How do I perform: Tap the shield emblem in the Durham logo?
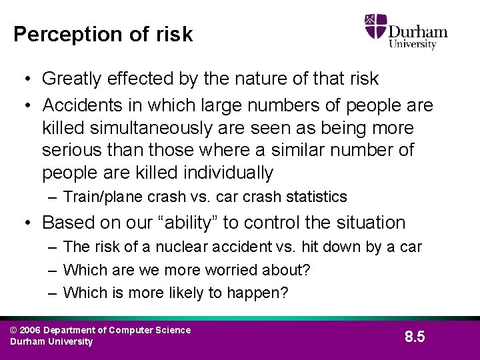[376, 27]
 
